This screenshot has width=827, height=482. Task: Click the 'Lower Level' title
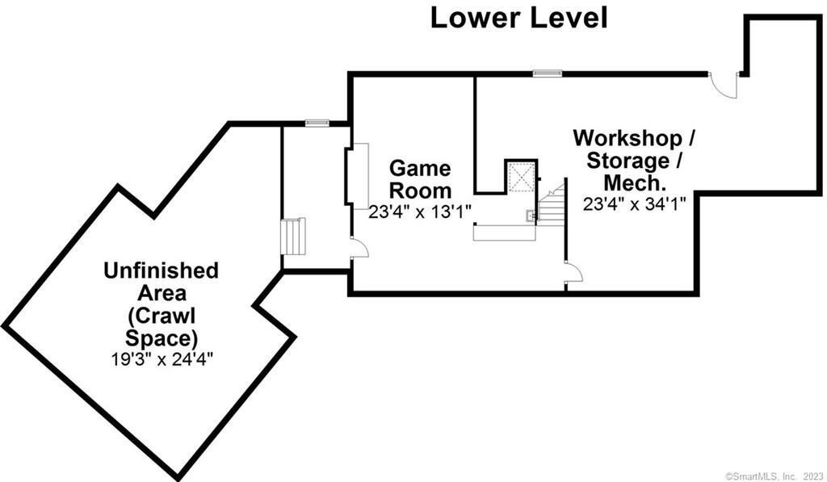pos(518,17)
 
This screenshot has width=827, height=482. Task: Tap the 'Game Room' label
pos(420,179)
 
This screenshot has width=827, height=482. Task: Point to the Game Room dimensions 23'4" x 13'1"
pos(420,212)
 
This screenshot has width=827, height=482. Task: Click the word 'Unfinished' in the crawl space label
pos(161,270)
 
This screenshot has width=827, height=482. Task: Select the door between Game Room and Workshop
pos(573,273)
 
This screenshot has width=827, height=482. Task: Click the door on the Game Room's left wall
pos(359,249)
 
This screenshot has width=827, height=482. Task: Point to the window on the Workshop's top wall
pos(547,73)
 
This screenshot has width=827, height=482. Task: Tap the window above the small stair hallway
pos(317,123)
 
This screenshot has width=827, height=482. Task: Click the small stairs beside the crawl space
pos(292,237)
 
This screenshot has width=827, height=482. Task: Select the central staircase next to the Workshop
pos(552,206)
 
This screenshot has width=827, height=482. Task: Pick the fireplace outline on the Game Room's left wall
pos(358,176)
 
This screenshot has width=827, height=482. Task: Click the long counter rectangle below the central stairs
pos(504,232)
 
